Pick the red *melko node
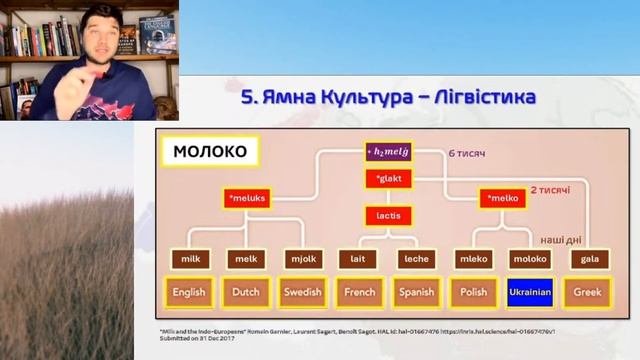(x=502, y=199)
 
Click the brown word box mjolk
(x=301, y=259)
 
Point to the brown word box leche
(x=414, y=259)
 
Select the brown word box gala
(x=586, y=259)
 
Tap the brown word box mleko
(x=472, y=259)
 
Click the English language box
(x=188, y=292)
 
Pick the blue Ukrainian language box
(x=529, y=292)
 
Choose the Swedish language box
(x=301, y=292)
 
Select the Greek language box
(x=586, y=292)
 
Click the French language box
(x=357, y=292)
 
